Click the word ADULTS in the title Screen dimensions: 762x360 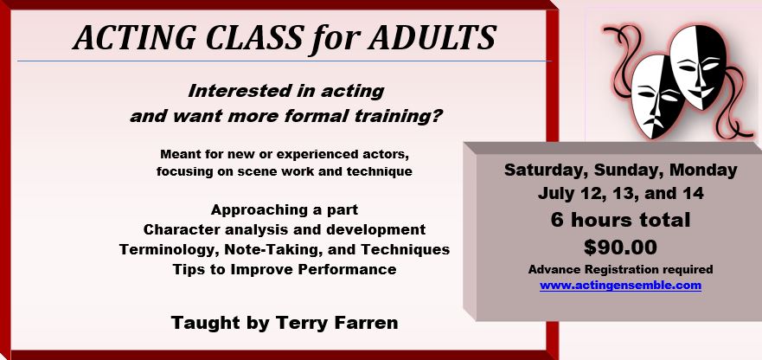(x=432, y=37)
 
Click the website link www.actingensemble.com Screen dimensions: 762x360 (x=620, y=285)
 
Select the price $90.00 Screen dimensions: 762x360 (x=620, y=247)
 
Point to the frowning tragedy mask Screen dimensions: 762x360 (x=657, y=95)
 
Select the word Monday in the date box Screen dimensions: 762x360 (x=703, y=170)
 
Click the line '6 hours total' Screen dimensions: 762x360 (x=620, y=220)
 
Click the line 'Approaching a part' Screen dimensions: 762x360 (x=285, y=209)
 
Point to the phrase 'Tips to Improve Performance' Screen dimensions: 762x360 (x=285, y=269)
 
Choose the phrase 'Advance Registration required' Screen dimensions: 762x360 (x=620, y=269)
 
